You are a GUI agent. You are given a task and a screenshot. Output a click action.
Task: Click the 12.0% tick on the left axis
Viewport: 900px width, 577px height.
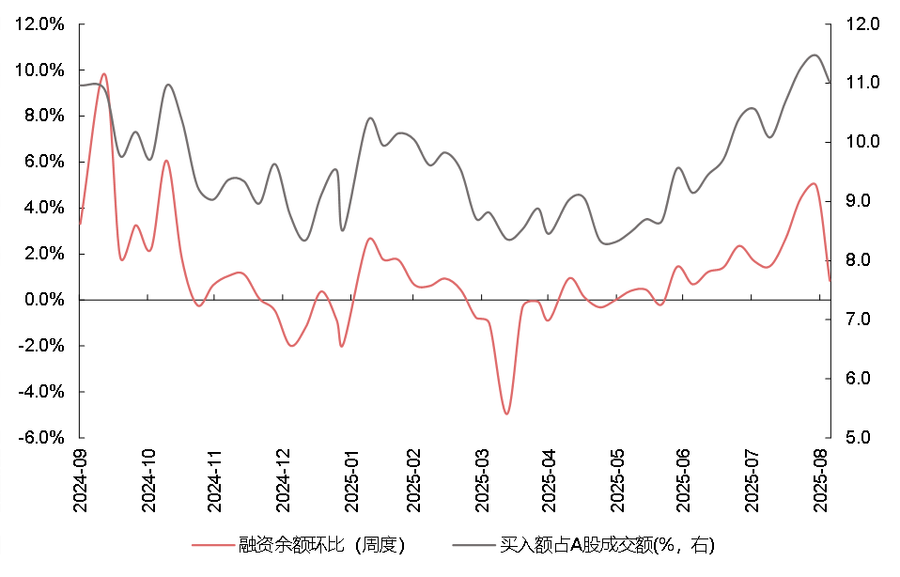click(39, 24)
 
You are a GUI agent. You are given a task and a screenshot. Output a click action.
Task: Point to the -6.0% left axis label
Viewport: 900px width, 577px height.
click(41, 438)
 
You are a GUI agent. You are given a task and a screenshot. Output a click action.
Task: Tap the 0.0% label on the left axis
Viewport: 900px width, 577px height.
click(44, 300)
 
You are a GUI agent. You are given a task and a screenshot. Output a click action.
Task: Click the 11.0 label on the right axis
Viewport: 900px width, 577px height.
click(862, 83)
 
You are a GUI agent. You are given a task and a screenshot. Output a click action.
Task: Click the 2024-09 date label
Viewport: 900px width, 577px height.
click(80, 481)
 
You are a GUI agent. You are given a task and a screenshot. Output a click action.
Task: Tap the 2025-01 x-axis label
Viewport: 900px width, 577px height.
click(351, 481)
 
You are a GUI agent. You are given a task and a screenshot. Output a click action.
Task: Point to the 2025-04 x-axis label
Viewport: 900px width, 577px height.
click(550, 481)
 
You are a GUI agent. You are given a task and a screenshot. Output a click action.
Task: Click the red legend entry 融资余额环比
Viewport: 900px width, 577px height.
click(298, 544)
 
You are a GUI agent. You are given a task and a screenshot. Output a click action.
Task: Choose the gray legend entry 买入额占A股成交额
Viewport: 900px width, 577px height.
click(583, 544)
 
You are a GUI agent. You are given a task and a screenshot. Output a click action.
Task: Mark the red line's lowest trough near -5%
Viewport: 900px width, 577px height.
click(506, 413)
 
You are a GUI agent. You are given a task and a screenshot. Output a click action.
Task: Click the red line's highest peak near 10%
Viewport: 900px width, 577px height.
click(104, 74)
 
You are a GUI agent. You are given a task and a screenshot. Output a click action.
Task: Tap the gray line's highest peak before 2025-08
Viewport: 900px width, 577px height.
click(814, 55)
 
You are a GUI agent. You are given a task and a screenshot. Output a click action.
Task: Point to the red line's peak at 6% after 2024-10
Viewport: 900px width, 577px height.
click(166, 161)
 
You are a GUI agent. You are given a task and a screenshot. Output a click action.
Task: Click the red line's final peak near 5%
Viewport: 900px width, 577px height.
click(814, 184)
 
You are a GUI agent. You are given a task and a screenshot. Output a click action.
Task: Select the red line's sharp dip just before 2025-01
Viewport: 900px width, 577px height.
click(342, 346)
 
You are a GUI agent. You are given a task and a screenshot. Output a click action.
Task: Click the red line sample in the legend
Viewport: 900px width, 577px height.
click(212, 544)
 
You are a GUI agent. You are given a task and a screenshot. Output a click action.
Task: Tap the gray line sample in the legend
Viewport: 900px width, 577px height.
click(473, 544)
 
